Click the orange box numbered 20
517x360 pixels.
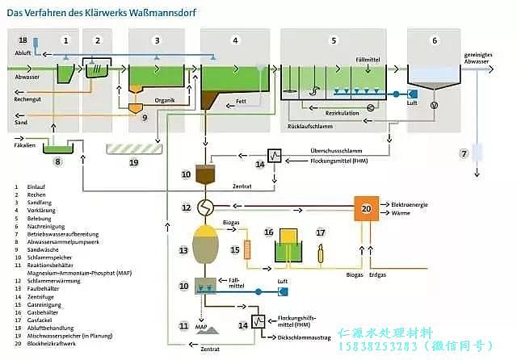(x=366, y=209)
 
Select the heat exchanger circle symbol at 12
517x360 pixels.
(x=209, y=208)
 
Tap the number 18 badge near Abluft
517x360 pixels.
(x=22, y=40)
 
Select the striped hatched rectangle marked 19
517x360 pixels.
(x=134, y=149)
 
